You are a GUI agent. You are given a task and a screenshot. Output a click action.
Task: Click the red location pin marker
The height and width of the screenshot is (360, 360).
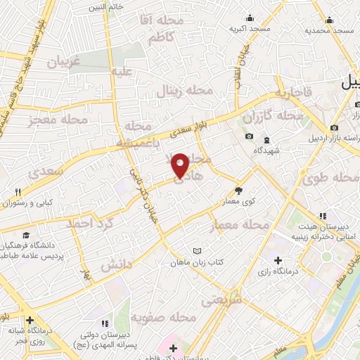coord(180,165)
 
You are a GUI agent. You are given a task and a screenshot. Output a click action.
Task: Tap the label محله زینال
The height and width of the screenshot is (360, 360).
coord(186,91)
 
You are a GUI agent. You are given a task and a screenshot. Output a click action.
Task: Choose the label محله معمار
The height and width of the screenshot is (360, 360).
coord(239,225)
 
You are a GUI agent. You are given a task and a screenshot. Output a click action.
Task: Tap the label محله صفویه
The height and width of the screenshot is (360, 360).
coord(161,318)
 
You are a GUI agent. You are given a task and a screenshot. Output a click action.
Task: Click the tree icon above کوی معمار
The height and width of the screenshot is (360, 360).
coord(238,189)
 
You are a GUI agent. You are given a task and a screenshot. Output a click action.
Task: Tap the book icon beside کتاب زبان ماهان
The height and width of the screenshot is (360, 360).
coord(198,251)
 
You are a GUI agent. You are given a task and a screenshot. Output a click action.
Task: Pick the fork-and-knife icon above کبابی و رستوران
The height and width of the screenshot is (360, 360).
coord(18,191)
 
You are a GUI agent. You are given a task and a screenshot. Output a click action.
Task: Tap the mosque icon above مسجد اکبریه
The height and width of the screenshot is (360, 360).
coord(249,19)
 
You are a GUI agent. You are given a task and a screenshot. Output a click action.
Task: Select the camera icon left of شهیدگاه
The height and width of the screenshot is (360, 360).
coord(248,136)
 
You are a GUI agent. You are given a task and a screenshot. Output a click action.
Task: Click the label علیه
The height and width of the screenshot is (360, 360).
coord(122,70)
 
